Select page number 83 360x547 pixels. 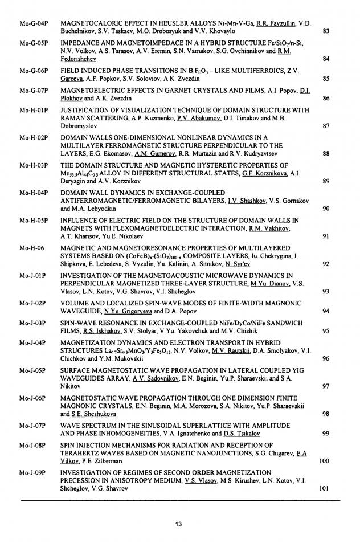[x=326, y=30]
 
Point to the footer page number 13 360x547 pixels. [x=179, y=524]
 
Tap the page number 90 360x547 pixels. [x=326, y=209]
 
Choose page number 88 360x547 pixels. [x=326, y=153]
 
